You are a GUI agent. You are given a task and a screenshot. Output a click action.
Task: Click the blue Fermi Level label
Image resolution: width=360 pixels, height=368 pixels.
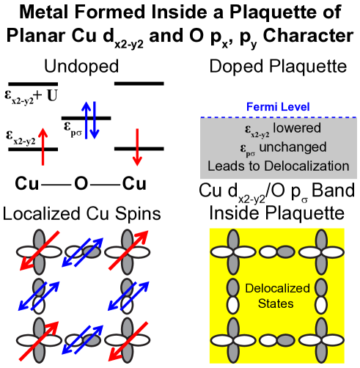click(278, 107)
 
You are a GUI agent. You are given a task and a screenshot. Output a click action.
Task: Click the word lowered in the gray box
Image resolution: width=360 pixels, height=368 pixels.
click(297, 128)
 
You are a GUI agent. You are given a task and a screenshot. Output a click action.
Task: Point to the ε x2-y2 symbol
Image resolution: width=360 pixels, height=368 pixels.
click(256, 130)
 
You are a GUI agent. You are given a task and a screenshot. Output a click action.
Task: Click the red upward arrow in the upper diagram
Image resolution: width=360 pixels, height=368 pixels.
click(43, 145)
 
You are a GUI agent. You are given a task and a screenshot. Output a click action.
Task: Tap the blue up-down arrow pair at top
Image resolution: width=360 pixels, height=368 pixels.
click(90, 119)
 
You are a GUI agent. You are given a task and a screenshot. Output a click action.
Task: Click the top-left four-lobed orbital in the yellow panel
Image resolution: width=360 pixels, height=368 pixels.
click(232, 252)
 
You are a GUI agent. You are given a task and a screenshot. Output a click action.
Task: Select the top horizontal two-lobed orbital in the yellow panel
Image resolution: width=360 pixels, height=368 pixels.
click(277, 252)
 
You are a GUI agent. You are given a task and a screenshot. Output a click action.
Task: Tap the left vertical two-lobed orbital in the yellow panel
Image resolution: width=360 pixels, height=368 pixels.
click(232, 295)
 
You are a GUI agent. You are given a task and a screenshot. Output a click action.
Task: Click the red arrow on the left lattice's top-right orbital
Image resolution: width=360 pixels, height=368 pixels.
click(127, 250)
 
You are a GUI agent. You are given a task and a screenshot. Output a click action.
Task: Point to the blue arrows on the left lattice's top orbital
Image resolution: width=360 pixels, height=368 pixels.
click(81, 251)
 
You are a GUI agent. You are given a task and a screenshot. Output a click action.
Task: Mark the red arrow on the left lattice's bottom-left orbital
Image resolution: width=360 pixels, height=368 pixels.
click(37, 339)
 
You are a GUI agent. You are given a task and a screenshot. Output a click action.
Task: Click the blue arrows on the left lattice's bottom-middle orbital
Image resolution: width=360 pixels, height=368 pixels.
click(81, 339)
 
